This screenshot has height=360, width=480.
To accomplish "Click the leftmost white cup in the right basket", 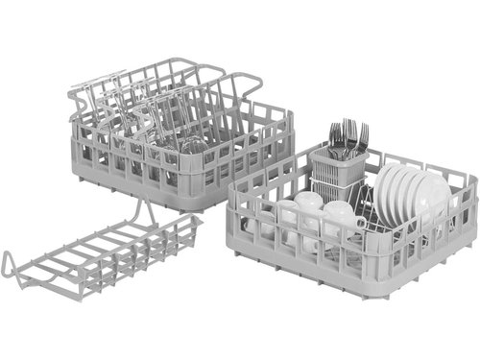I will [305, 205].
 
